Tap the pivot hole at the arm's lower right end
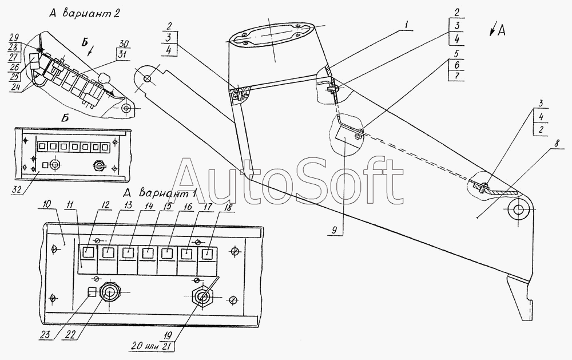click(x=518, y=209)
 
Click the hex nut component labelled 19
click(x=201, y=296)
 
